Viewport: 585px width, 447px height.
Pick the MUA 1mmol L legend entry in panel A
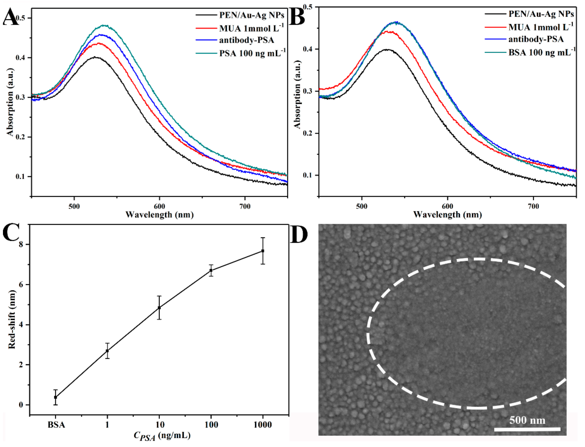(x=251, y=28)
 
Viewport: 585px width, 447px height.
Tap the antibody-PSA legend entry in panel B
(x=536, y=39)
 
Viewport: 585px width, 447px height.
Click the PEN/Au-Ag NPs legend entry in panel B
(x=541, y=14)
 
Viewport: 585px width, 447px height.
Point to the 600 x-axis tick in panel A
(x=159, y=206)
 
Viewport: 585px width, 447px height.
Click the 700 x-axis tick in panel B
(x=533, y=206)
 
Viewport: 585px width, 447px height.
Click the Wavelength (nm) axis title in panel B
(x=447, y=215)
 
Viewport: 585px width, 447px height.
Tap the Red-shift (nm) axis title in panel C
(x=12, y=319)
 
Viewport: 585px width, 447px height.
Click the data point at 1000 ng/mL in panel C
(x=263, y=251)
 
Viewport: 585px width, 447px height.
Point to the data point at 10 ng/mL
(x=159, y=308)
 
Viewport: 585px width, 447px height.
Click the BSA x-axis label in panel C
(x=56, y=425)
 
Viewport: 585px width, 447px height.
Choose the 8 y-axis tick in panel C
(x=21, y=244)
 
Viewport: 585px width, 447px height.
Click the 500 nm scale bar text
(x=527, y=420)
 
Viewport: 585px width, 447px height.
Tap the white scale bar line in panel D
(x=527, y=429)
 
